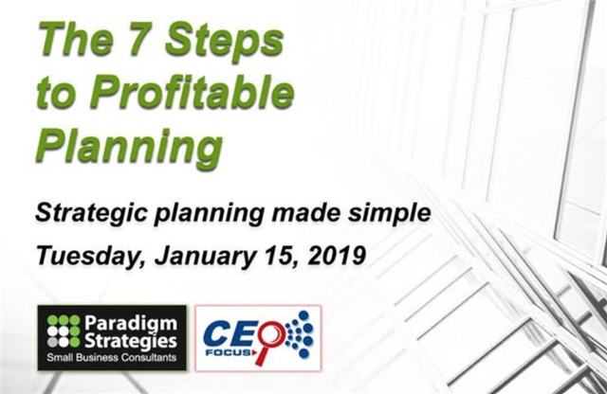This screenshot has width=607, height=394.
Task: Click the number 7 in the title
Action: (x=142, y=40)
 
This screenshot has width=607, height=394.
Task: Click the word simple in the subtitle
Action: (x=389, y=213)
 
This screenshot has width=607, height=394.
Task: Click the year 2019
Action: (x=337, y=256)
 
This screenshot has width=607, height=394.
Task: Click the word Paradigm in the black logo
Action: (x=131, y=324)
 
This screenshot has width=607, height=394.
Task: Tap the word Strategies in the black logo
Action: (x=131, y=341)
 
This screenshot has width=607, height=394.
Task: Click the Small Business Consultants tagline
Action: (x=112, y=358)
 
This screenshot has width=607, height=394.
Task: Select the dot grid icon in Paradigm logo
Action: (x=64, y=331)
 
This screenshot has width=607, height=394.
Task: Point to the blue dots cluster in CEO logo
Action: (x=300, y=333)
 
